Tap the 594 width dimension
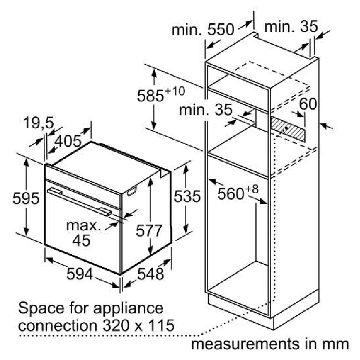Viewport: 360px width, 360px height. pyautogui.click(x=79, y=274)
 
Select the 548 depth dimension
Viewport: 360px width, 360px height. pyautogui.click(x=151, y=274)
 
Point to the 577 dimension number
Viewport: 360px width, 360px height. pyautogui.click(x=149, y=231)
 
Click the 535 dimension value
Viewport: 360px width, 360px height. pyautogui.click(x=187, y=196)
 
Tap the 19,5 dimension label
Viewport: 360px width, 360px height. pyautogui.click(x=38, y=123)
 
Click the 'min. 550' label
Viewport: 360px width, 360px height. pyautogui.click(x=203, y=30)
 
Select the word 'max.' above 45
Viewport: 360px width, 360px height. pyautogui.click(x=83, y=226)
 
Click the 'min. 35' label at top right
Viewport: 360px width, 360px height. pyautogui.click(x=291, y=26)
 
